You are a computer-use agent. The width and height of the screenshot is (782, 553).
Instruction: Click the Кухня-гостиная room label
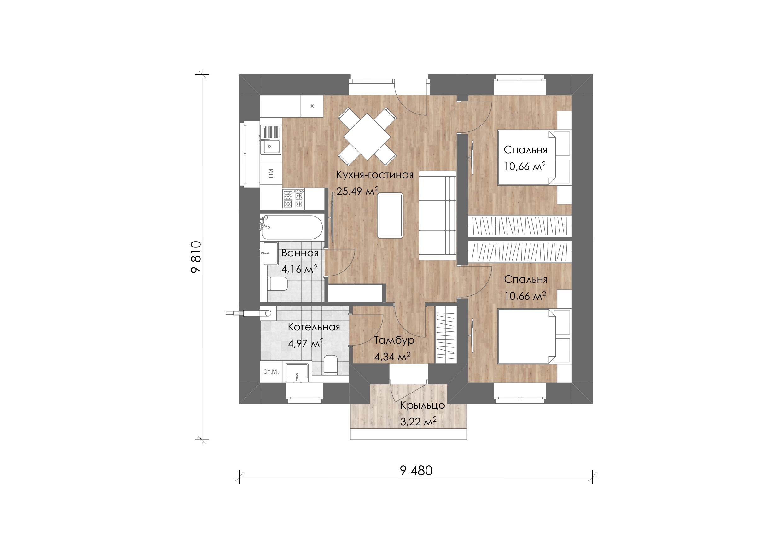click(x=375, y=175)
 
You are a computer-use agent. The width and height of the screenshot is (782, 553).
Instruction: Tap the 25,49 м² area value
click(x=357, y=191)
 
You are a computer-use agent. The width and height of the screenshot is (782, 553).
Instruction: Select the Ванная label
click(x=300, y=253)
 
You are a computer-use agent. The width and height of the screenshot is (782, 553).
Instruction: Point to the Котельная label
click(x=314, y=327)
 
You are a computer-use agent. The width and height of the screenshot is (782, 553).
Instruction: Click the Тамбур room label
click(x=394, y=340)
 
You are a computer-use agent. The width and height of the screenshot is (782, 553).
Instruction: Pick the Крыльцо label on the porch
click(x=422, y=405)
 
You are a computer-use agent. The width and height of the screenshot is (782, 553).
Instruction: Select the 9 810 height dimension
click(x=196, y=257)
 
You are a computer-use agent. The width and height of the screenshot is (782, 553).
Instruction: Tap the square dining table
click(x=367, y=136)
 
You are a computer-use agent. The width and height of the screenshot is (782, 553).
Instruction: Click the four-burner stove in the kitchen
click(x=293, y=199)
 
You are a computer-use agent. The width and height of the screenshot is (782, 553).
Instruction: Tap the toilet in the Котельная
click(x=330, y=364)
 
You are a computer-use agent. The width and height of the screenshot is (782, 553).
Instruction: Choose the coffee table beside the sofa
click(x=390, y=215)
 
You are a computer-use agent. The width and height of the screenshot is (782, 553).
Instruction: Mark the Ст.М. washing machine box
click(x=271, y=371)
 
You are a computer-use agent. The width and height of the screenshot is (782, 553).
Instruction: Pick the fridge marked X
click(x=312, y=106)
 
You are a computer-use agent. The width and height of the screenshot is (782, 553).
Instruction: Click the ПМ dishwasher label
click(x=271, y=173)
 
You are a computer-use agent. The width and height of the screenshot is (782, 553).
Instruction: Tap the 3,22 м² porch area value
click(x=418, y=422)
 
